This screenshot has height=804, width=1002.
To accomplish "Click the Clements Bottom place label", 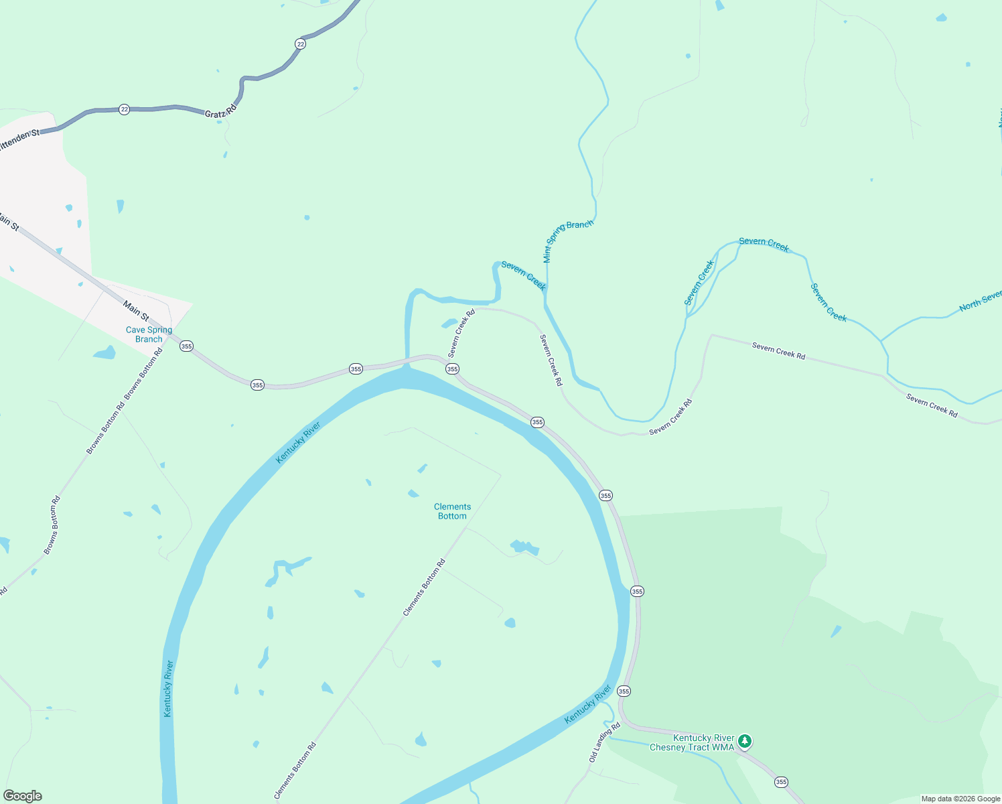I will point(452,511).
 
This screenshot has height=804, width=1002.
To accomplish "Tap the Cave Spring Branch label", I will point(149,334).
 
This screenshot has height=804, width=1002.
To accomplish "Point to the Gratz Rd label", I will point(220,111).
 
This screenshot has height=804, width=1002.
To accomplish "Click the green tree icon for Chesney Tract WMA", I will point(745,742).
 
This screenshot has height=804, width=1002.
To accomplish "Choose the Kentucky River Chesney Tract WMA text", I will point(693,742).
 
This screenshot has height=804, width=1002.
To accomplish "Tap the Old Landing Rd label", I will point(604,742).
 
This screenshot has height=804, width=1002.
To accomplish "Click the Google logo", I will point(23,796).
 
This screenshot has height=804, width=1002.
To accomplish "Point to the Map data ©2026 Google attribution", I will point(960,799).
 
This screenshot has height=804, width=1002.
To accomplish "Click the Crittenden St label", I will point(18,139).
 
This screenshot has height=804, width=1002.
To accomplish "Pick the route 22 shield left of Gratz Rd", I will point(124,109).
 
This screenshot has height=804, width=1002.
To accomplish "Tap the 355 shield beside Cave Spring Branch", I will point(186,346).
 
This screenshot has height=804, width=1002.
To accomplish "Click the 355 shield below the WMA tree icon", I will point(781,782).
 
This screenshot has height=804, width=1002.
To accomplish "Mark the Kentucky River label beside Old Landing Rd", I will point(588,703).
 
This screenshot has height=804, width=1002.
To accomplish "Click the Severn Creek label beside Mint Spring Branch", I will point(524,276).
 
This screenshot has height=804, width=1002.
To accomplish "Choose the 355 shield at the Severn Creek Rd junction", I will point(452,369).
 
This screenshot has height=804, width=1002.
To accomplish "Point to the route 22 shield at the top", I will point(300,44).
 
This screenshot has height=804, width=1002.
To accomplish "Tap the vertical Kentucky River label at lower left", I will point(168,688).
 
